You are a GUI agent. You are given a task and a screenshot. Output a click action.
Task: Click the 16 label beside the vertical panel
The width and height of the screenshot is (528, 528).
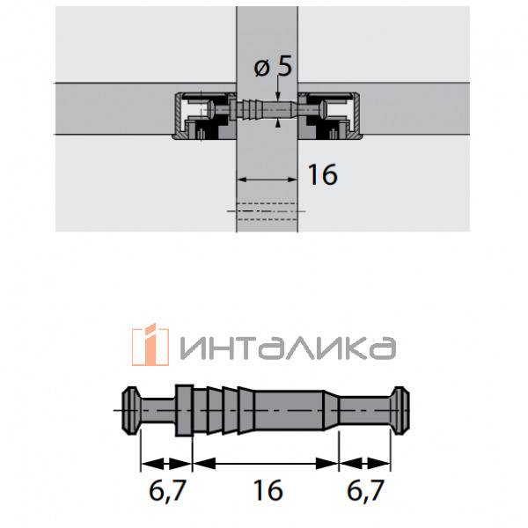tap(324, 175)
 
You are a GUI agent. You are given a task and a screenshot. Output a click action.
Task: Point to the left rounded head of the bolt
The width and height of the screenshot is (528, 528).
tap(130, 410)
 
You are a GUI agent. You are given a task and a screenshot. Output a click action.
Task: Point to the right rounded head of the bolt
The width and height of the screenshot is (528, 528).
tap(401, 410)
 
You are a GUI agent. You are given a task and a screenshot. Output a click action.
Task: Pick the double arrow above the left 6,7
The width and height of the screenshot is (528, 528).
tap(165, 461)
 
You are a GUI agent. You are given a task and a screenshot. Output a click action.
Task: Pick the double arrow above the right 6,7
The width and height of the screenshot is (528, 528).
tap(367, 461)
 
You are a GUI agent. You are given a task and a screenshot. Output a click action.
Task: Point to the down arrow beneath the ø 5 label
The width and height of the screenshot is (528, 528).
tap(277, 98)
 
